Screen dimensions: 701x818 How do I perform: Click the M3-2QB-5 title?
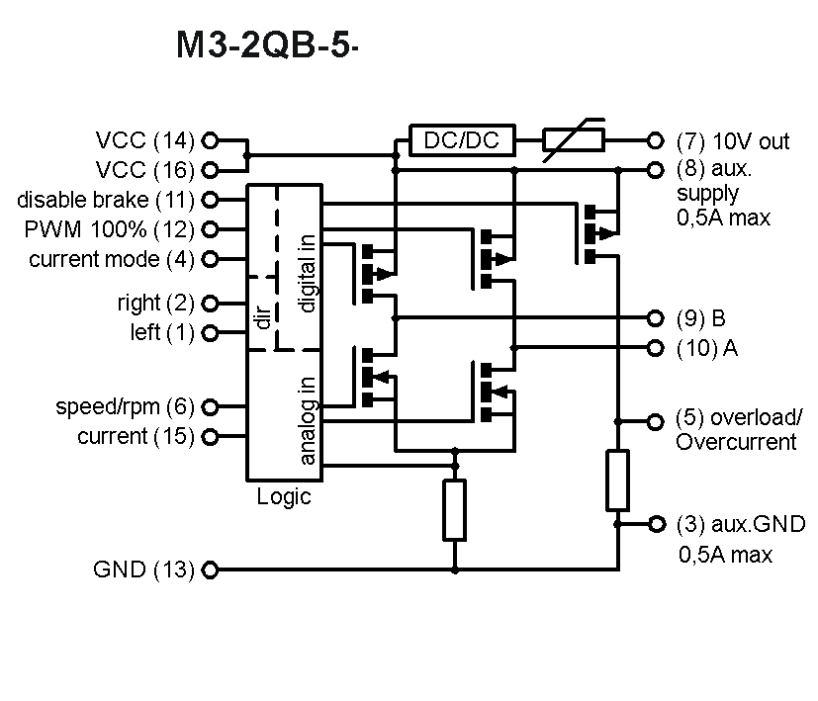pyautogui.click(x=264, y=46)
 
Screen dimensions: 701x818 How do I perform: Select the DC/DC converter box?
pyautogui.click(x=462, y=141)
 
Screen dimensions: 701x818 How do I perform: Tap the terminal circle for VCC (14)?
pyautogui.click(x=210, y=141)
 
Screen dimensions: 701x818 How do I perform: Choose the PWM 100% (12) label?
pyautogui.click(x=109, y=229)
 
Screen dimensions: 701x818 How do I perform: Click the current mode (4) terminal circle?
pyautogui.click(x=210, y=260)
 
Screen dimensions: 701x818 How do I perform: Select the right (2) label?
pyautogui.click(x=155, y=303)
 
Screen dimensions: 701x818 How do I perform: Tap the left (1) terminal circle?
pyautogui.click(x=210, y=333)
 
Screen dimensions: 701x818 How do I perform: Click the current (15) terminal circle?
pyautogui.click(x=210, y=437)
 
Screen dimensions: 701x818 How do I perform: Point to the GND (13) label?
pyautogui.click(x=143, y=570)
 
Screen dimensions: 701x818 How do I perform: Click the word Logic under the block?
pyautogui.click(x=284, y=496)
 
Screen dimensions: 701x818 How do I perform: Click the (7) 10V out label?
pyautogui.click(x=733, y=141)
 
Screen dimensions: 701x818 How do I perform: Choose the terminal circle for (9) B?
pyautogui.click(x=654, y=318)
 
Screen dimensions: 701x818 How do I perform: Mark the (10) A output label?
pyautogui.click(x=706, y=348)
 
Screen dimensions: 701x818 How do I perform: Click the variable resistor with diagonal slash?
pyautogui.click(x=574, y=141)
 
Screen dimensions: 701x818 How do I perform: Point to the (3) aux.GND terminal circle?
pyautogui.click(x=654, y=523)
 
